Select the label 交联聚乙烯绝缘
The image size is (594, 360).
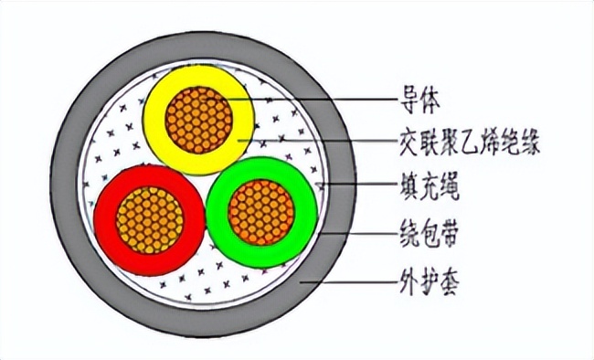pos(463,142)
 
